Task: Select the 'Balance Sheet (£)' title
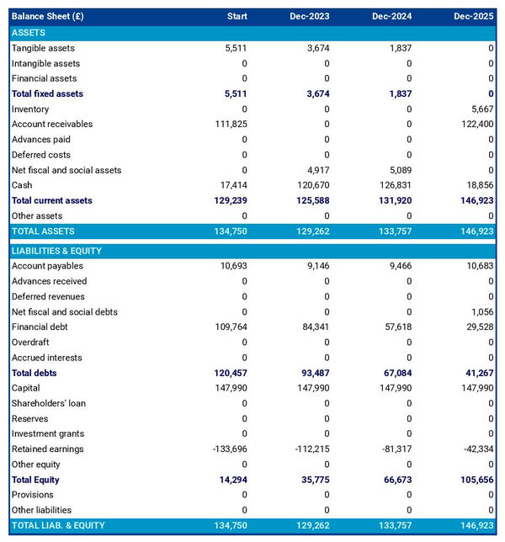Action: pos(48,16)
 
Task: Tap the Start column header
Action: pos(237,16)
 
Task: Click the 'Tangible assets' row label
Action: pos(43,48)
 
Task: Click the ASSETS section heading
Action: pos(29,33)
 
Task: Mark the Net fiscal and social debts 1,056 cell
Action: pos(481,312)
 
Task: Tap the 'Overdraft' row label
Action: pos(30,343)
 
